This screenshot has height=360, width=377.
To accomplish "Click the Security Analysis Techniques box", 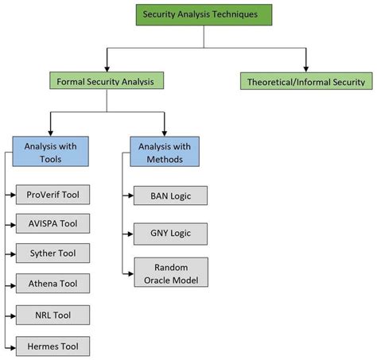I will click(x=204, y=14).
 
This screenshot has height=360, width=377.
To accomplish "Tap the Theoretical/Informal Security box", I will click(x=306, y=80).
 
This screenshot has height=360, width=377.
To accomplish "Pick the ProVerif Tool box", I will click(x=52, y=194).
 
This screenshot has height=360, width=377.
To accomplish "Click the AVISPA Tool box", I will click(x=52, y=224).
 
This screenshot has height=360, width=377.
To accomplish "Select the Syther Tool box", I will click(x=52, y=254).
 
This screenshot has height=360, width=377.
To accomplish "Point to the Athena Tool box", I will click(x=52, y=284).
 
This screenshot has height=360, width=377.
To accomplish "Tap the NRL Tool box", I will click(x=52, y=315).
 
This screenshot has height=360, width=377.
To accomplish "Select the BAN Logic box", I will click(x=170, y=195).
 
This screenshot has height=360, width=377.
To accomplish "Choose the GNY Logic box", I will click(x=170, y=234).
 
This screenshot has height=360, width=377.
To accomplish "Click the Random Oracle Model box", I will click(x=170, y=273).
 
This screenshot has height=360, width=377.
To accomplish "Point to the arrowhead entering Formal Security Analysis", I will click(x=107, y=68).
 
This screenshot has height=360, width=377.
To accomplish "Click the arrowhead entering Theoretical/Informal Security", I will click(x=306, y=68).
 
